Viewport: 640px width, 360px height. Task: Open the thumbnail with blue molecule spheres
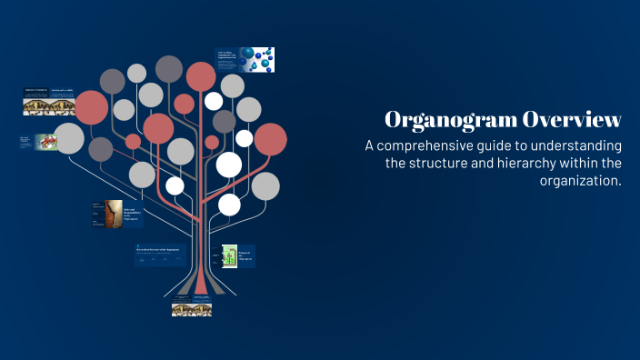[x=245, y=60]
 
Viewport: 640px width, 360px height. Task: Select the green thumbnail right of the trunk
[x=229, y=256]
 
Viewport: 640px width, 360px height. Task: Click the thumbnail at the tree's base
[x=192, y=309]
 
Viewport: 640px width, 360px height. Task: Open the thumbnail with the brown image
[x=113, y=215]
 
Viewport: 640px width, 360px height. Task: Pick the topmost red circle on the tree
[x=201, y=76]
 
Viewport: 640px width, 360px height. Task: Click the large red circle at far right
[x=270, y=139]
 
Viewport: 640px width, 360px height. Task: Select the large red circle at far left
[x=91, y=108]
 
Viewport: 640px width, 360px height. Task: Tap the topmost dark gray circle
[x=169, y=68]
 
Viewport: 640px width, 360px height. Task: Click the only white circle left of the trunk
[x=175, y=186]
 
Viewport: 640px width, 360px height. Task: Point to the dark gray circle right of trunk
[x=225, y=121]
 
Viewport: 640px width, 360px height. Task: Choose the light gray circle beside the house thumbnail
[x=69, y=138]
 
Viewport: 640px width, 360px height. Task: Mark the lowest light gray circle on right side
[x=265, y=185]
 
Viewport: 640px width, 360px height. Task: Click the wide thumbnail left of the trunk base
[x=160, y=255]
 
